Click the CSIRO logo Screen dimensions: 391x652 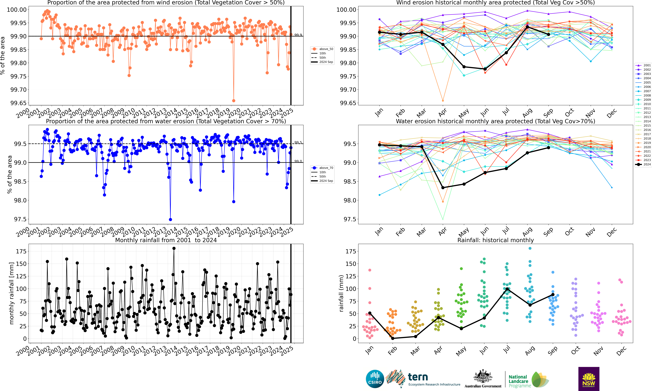tap(375, 379)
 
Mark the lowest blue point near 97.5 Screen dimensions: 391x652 tap(170, 219)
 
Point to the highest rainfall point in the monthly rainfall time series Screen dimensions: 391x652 tap(174, 248)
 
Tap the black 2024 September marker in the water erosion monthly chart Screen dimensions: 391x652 tap(548, 148)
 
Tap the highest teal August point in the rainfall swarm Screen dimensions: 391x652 tap(530, 248)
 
